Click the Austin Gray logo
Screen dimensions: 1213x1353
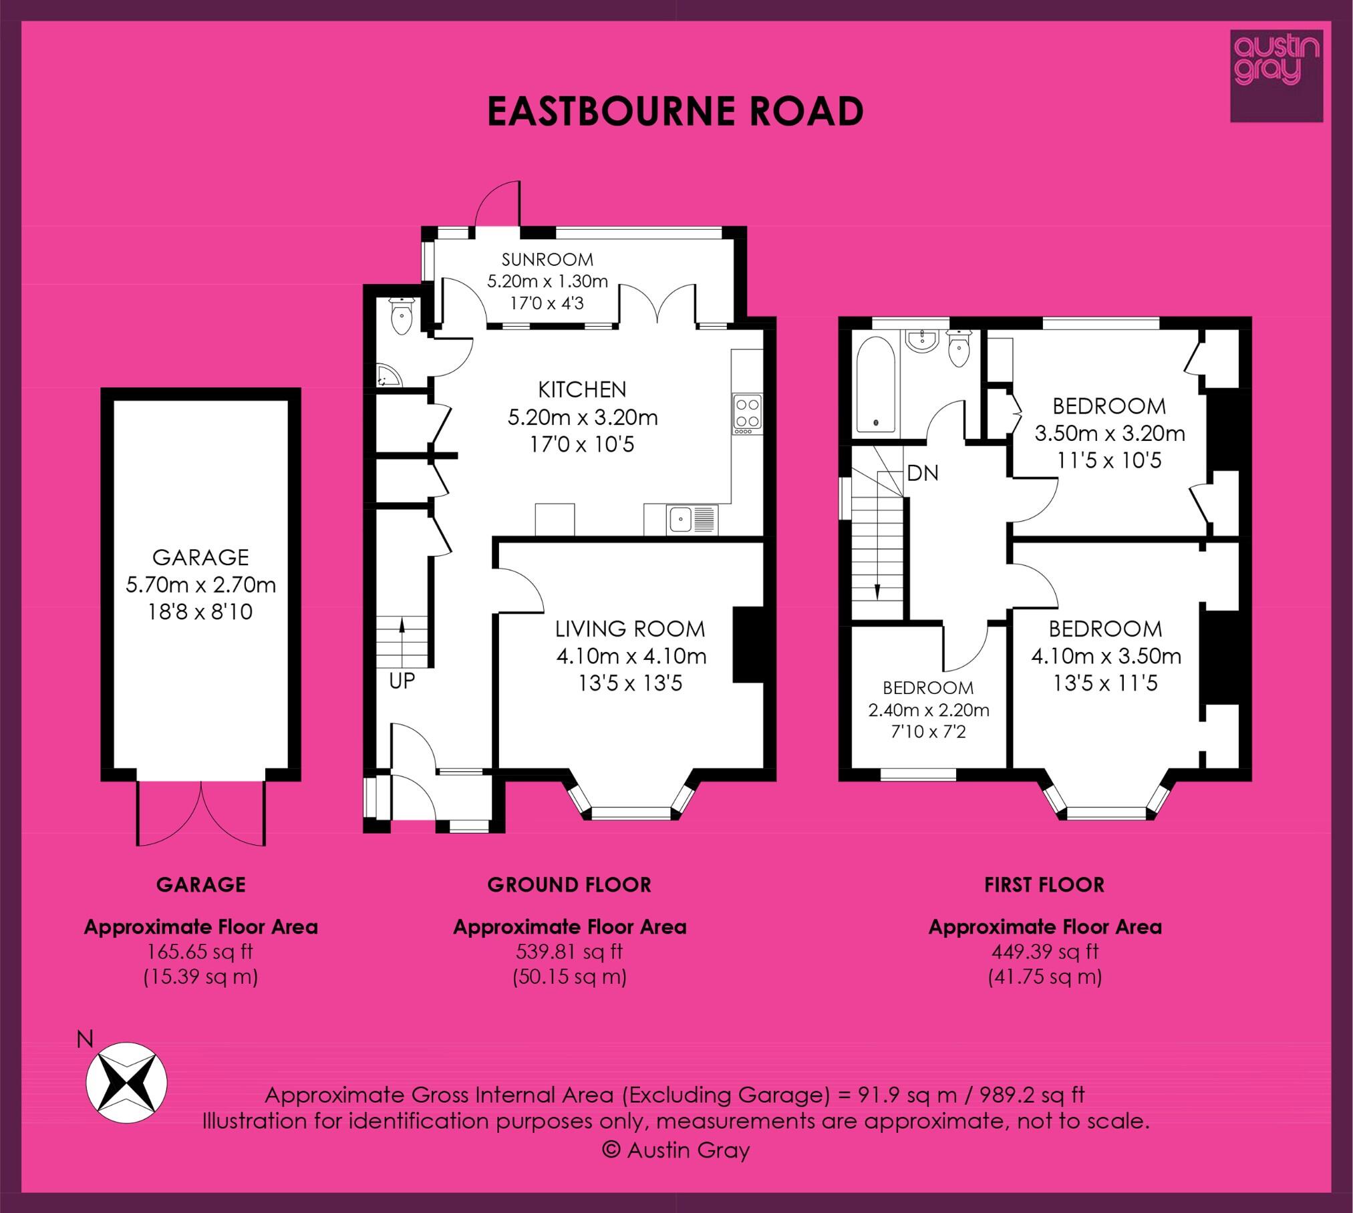[x=1276, y=85]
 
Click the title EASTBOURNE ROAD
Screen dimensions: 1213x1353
[x=675, y=111]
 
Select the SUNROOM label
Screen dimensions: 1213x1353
[x=547, y=259]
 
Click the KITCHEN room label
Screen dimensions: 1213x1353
[x=583, y=389]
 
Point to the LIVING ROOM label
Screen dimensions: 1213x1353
[x=631, y=629]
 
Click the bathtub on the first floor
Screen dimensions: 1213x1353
[x=875, y=383]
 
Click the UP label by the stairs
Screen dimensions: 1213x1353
[x=402, y=681]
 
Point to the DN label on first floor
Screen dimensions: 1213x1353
[x=923, y=473]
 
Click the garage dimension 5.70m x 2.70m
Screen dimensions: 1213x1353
[x=200, y=585]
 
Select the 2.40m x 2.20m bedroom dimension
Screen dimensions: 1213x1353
[x=928, y=710]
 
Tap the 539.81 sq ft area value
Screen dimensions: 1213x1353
[x=569, y=951]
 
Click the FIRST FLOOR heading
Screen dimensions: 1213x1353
[x=1044, y=885]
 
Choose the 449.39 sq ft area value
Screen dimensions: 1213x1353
[x=1044, y=951]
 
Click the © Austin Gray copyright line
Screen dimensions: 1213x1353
[x=675, y=1150]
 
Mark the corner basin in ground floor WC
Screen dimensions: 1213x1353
[x=387, y=376]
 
